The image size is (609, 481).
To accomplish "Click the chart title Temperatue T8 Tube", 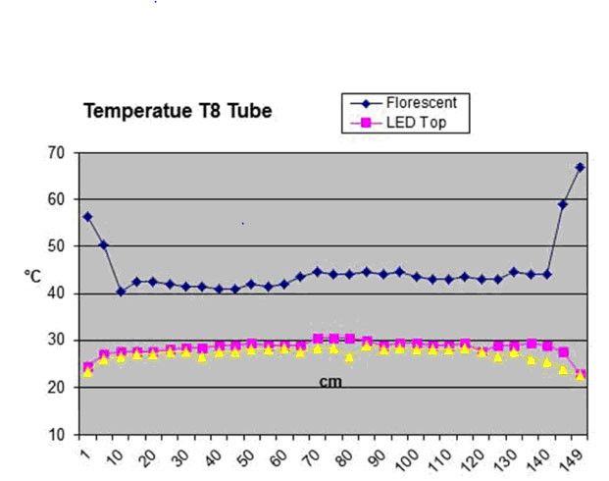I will click(177, 110).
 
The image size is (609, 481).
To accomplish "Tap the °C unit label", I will click(32, 278).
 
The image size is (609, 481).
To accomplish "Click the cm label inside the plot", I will click(330, 381).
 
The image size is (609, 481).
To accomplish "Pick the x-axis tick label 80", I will click(347, 454).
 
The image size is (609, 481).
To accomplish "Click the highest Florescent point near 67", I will click(580, 167).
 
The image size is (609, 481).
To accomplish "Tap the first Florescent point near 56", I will click(87, 217).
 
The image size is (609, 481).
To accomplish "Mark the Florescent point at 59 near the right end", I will click(563, 204).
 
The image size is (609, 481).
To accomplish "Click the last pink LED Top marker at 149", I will click(580, 375).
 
